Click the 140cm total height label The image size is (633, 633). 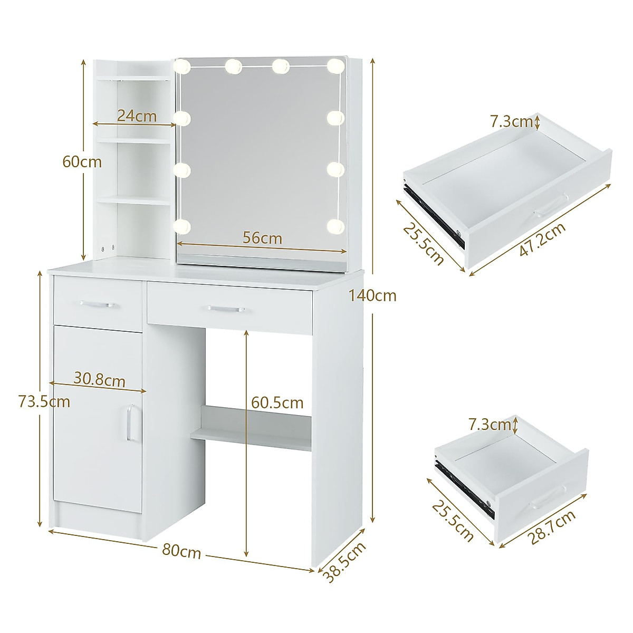point(372,296)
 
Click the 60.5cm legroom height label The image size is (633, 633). point(277,403)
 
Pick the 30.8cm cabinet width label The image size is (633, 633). point(99,380)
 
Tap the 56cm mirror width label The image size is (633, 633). point(262,238)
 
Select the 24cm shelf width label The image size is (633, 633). point(137,116)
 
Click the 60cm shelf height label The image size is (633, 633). point(82,162)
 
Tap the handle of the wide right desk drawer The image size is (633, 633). point(226,308)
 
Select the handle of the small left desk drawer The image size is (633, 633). point(98,304)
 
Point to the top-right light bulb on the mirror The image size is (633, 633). point(334,66)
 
